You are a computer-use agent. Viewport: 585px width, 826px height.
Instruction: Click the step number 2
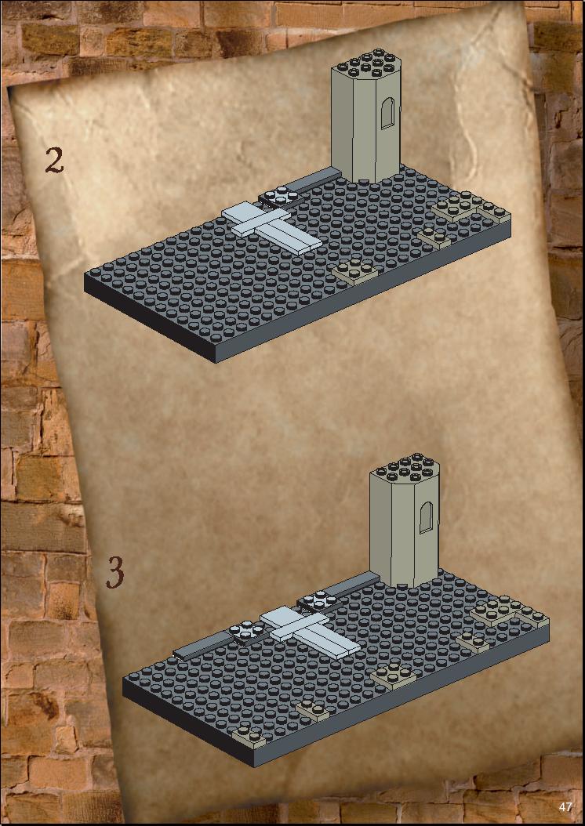click(54, 160)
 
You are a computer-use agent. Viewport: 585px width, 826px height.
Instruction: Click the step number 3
click(115, 572)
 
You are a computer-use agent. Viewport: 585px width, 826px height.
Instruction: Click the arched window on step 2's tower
click(387, 113)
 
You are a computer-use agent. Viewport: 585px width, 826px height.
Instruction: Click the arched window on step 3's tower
click(425, 517)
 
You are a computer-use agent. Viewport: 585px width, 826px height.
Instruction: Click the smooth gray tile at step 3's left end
click(203, 645)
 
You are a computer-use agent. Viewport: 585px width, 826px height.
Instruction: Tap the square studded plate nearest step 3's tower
click(318, 600)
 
